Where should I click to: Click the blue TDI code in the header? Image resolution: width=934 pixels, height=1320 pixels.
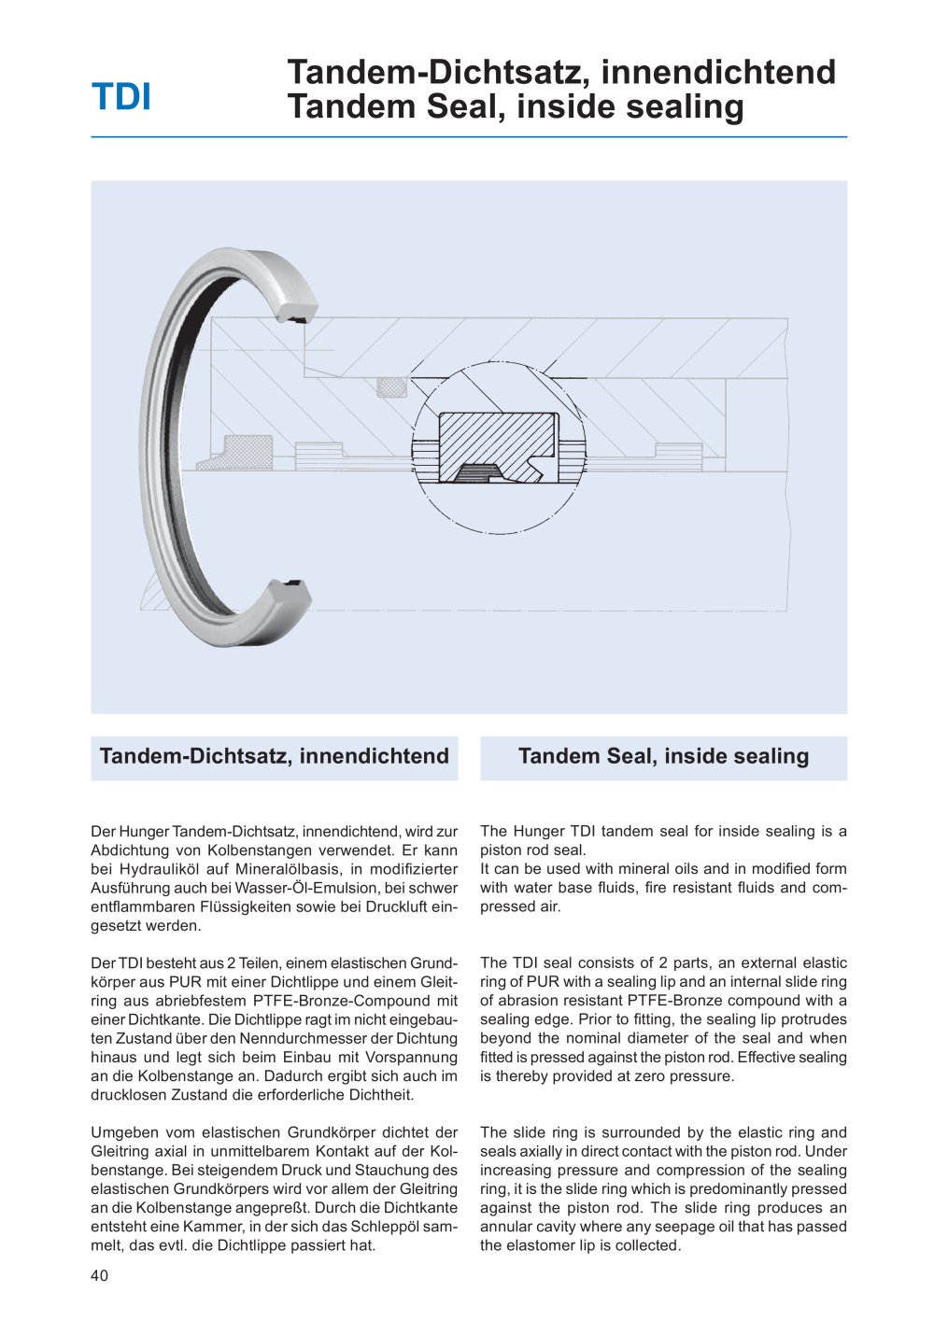[121, 98]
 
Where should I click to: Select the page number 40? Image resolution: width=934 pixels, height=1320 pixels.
[100, 1275]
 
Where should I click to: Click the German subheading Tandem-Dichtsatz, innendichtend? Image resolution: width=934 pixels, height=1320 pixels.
[275, 756]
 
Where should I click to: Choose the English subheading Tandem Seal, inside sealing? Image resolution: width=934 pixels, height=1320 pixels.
[663, 756]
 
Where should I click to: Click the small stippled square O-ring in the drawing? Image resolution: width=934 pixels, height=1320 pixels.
[391, 386]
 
